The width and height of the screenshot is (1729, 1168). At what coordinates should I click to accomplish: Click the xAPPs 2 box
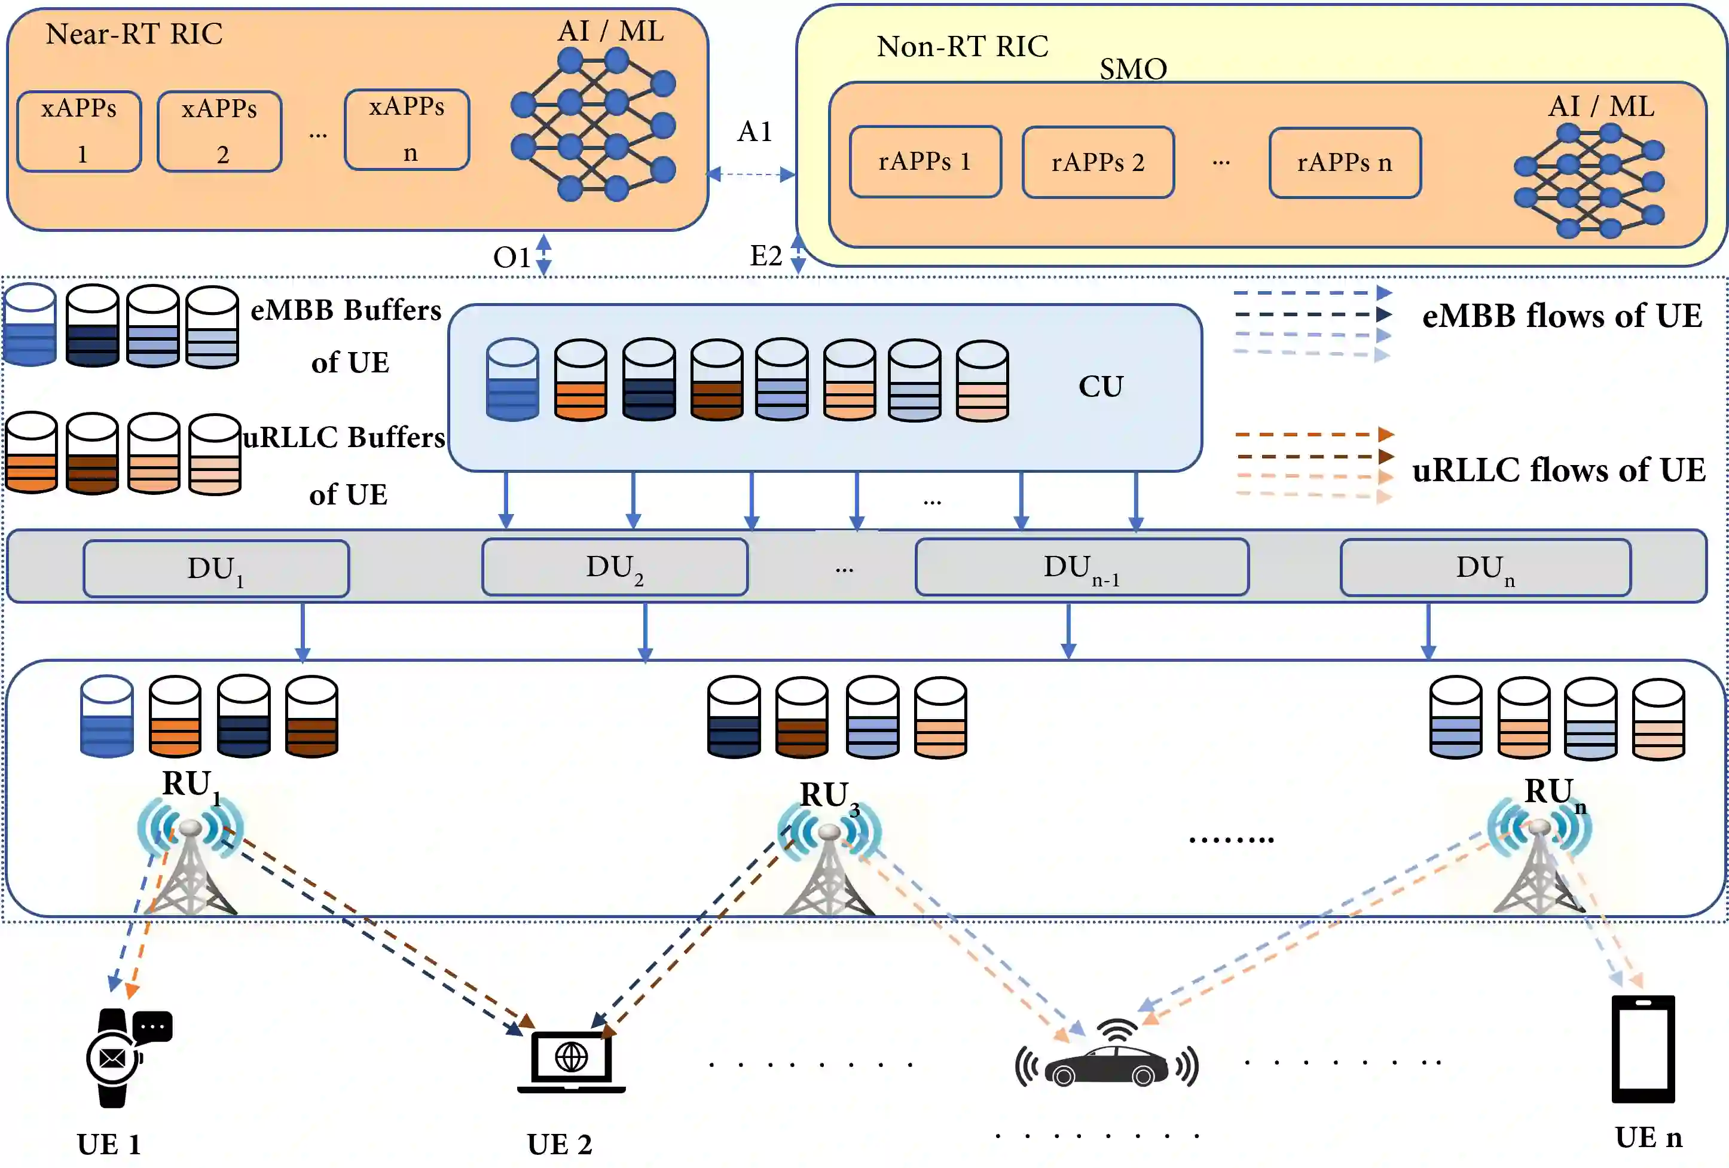[x=219, y=132]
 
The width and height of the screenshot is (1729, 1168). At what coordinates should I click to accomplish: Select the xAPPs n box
[x=407, y=130]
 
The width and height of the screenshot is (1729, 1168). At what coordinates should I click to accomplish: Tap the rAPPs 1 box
[x=925, y=162]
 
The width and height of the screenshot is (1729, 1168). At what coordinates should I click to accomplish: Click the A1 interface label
[x=754, y=132]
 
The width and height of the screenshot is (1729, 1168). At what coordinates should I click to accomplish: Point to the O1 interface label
[x=512, y=258]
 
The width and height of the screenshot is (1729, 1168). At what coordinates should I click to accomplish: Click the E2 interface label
[x=765, y=256]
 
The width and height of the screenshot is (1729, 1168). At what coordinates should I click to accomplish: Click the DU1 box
[x=216, y=569]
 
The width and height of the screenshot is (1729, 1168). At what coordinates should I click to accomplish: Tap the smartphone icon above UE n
[x=1643, y=1048]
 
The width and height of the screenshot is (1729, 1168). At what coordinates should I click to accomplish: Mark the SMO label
[x=1133, y=69]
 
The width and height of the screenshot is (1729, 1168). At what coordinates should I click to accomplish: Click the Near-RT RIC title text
[x=134, y=34]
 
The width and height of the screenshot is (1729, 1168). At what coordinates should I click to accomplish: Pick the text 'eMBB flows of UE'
[x=1562, y=316]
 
